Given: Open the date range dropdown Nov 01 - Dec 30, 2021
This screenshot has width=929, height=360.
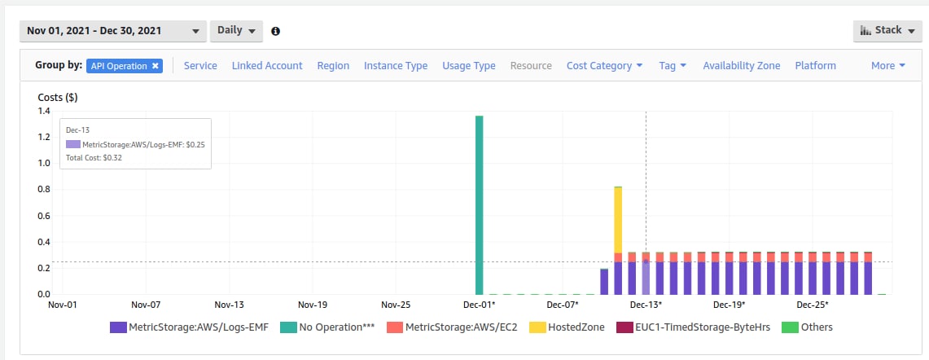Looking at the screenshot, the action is pyautogui.click(x=113, y=31).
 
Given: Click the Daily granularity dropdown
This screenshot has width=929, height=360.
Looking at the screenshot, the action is pyautogui.click(x=236, y=31).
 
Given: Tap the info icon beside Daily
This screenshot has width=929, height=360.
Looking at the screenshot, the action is pyautogui.click(x=275, y=32).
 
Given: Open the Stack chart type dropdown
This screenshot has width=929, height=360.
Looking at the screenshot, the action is pyautogui.click(x=887, y=31).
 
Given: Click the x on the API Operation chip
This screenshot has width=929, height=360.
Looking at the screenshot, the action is pyautogui.click(x=156, y=66).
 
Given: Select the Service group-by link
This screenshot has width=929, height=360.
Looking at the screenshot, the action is pyautogui.click(x=200, y=66).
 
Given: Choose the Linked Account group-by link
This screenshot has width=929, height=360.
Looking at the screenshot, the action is pyautogui.click(x=267, y=66).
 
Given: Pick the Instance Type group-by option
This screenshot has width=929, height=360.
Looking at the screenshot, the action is pyautogui.click(x=396, y=66).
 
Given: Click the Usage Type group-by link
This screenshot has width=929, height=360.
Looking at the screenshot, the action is pyautogui.click(x=469, y=66).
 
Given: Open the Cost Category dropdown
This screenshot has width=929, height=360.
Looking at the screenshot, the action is pyautogui.click(x=604, y=66).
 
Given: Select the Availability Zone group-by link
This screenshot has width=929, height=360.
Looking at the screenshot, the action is pyautogui.click(x=742, y=66).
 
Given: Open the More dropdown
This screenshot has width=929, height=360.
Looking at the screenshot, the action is pyautogui.click(x=888, y=66).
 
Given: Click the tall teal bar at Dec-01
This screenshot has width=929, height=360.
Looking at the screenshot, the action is pyautogui.click(x=480, y=205).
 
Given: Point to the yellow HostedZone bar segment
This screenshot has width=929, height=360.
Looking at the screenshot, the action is pyautogui.click(x=618, y=220).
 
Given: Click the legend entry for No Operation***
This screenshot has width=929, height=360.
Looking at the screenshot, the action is pyautogui.click(x=327, y=327).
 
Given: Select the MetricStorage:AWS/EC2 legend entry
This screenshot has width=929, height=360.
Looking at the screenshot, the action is pyautogui.click(x=451, y=327).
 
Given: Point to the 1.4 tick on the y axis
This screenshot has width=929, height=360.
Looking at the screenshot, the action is pyautogui.click(x=45, y=112).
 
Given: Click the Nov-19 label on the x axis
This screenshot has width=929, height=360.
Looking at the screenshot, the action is pyautogui.click(x=312, y=305).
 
